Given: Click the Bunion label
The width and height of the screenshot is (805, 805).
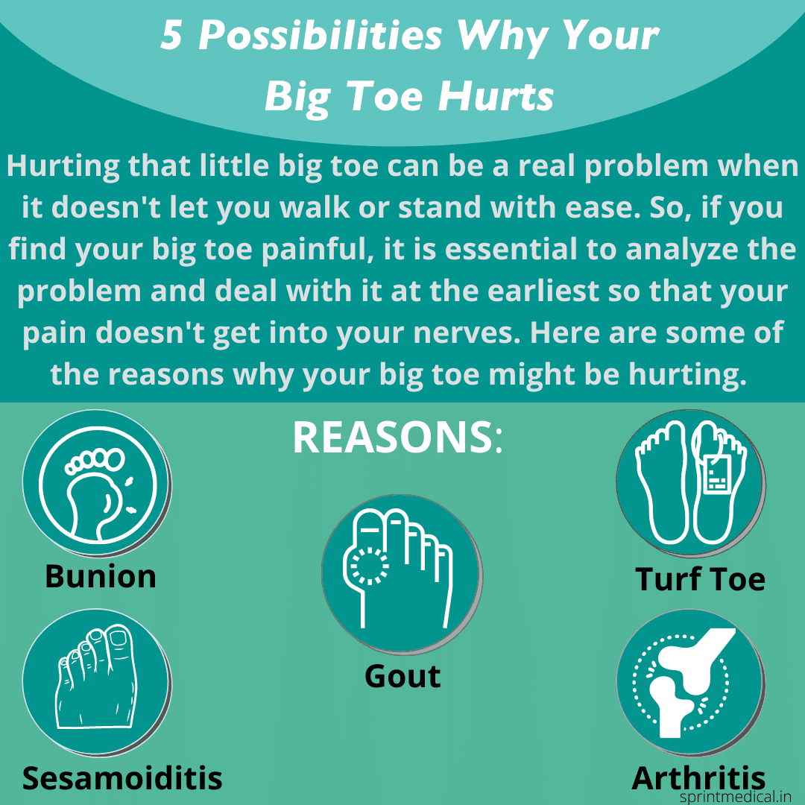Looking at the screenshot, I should pyautogui.click(x=101, y=576).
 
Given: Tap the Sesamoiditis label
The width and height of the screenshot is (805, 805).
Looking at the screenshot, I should pyautogui.click(x=122, y=777).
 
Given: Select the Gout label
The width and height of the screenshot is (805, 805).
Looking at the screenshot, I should pyautogui.click(x=402, y=676).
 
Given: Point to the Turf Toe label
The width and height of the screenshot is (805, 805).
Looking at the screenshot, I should pyautogui.click(x=700, y=579).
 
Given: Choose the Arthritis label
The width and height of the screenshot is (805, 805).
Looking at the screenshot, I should pyautogui.click(x=698, y=778).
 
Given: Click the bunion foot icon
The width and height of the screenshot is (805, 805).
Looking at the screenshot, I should pyautogui.click(x=98, y=484).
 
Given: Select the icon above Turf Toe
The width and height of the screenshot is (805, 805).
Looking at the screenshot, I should pyautogui.click(x=690, y=484).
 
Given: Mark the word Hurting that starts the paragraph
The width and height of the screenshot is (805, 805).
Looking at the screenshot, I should pyautogui.click(x=62, y=165).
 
